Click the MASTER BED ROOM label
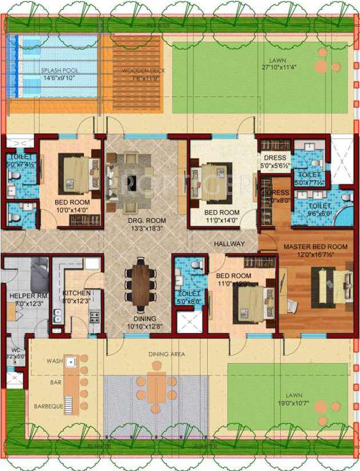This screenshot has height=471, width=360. click(315, 247)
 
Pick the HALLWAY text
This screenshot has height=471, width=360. click(229, 244)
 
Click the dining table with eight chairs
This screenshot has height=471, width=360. click(140, 282)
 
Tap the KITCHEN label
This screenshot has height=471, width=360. click(76, 293)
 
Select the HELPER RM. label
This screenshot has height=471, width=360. click(25, 296)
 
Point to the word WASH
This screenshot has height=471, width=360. click(55, 362)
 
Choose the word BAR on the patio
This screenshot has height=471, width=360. click(56, 382)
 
